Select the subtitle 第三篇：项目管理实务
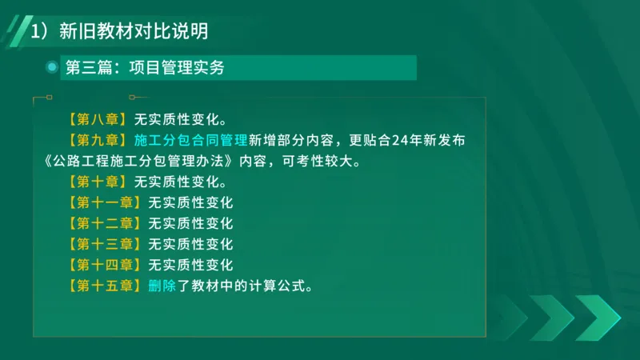click(x=145, y=68)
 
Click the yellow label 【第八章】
click(x=98, y=119)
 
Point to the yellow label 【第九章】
click(x=98, y=140)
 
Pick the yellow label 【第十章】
click(x=98, y=181)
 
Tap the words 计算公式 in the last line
click(x=275, y=285)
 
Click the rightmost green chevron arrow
click(x=597, y=318)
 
